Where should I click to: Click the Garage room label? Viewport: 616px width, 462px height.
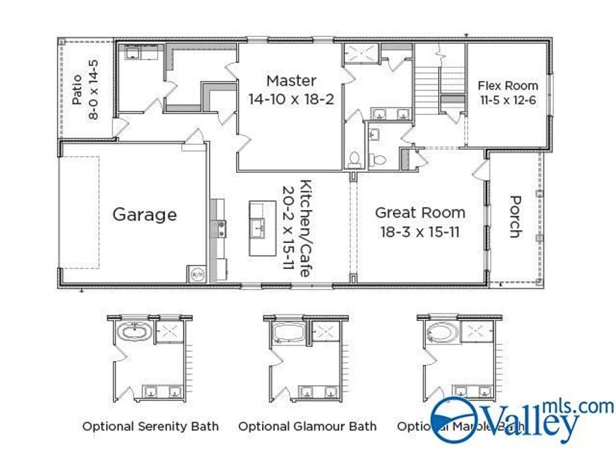144,215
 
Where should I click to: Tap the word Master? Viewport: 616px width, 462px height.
291,80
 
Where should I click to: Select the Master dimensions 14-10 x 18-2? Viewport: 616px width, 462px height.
291,99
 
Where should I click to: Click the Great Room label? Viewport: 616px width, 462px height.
420,213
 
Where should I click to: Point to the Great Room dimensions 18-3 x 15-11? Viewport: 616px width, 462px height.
420,231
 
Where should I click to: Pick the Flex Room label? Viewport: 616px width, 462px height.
508,86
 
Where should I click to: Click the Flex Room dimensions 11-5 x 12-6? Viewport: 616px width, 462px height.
508,99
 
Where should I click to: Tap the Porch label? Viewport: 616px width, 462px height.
514,216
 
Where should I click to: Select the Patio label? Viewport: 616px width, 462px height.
77,90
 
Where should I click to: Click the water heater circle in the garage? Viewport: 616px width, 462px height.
196,274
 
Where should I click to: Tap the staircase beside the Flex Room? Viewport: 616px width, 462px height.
427,86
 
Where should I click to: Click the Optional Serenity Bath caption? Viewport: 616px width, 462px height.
151,426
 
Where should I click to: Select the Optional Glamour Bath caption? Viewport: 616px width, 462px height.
307,426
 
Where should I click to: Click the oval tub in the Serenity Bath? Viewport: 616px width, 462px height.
134,334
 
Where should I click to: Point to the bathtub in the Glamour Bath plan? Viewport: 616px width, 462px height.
288,333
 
